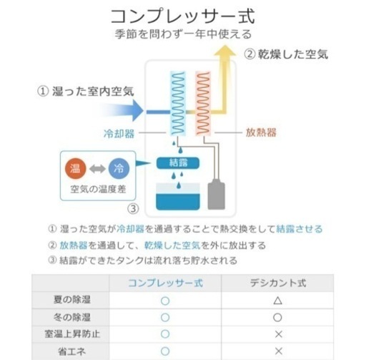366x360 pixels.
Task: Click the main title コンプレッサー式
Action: tap(183, 16)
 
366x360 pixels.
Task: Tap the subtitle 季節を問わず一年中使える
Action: tap(183, 34)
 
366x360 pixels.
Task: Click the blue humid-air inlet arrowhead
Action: tap(138, 111)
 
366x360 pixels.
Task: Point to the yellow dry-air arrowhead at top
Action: tap(225, 51)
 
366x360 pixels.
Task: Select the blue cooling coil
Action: tap(178, 103)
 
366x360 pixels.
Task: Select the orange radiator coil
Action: tap(203, 103)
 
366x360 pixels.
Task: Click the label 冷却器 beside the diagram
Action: tap(119, 134)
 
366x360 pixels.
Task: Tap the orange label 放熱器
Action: tap(261, 132)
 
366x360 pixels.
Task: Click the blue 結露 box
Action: tap(178, 163)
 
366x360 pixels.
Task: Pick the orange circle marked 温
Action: tap(75, 168)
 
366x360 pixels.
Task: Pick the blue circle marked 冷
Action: tap(119, 168)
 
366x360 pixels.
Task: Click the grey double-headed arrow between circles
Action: tap(97, 169)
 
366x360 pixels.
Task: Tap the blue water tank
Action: tap(178, 197)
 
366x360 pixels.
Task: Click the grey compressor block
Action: tap(216, 195)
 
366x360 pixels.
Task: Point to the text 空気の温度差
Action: tap(98, 189)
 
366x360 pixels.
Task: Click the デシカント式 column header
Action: tap(278, 283)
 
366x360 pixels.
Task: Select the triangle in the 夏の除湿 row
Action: tap(278, 301)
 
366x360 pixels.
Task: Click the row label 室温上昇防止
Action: tap(72, 334)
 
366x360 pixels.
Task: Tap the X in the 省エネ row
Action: tap(278, 351)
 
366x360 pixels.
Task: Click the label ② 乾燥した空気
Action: tap(286, 54)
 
